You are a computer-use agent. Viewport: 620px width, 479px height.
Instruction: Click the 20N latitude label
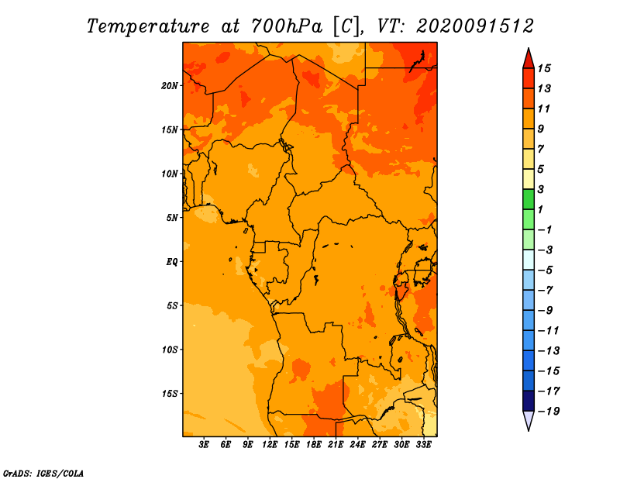coord(170,86)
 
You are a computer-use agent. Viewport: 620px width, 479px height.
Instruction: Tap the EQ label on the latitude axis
coord(172,262)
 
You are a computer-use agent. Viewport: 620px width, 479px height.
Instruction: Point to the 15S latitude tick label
coord(170,394)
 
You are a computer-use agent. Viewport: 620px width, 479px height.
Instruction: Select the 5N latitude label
coord(172,218)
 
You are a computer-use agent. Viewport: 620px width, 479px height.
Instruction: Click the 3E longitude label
coord(204,445)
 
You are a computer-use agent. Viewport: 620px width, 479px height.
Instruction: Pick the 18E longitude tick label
coord(314,445)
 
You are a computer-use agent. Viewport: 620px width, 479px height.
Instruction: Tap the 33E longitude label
coord(423,445)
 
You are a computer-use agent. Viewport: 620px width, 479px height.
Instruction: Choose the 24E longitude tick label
coord(357,445)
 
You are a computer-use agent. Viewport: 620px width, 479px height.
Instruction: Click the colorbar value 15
coord(544,68)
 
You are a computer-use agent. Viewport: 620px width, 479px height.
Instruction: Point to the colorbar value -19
coord(549,412)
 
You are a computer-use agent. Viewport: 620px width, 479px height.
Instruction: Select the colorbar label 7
coord(541,149)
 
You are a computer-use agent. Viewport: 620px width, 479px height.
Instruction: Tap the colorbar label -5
coord(546,271)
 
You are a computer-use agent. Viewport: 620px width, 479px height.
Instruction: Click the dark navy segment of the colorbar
coord(529,401)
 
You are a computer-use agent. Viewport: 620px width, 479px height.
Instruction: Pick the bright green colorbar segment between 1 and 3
coord(529,199)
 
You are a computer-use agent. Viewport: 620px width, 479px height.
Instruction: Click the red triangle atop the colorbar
coord(529,60)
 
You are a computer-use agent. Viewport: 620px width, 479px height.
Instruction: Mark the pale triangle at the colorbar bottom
coord(529,420)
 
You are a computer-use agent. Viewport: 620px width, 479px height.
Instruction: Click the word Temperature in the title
coord(148,27)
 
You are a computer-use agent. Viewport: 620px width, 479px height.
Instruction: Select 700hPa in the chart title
coord(286,27)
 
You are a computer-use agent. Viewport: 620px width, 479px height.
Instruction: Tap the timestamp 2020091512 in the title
coord(475,26)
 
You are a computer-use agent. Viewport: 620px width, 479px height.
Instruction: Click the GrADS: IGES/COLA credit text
coord(43,474)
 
